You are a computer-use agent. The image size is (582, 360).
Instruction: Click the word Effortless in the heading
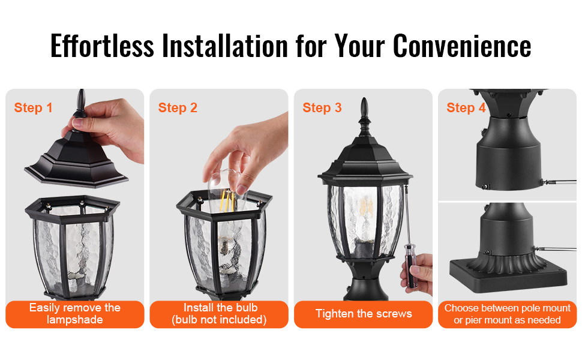[102, 46]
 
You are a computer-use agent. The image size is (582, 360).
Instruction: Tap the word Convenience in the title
[462, 46]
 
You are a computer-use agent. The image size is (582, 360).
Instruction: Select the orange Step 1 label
[33, 107]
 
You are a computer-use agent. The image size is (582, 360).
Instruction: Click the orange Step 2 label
[178, 107]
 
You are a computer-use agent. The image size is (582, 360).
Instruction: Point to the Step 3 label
[322, 107]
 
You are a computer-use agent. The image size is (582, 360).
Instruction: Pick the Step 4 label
[466, 107]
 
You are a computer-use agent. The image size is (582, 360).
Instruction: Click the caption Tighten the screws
[364, 314]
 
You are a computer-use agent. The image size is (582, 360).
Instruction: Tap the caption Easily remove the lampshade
[75, 314]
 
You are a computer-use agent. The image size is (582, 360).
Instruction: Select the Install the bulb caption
[220, 314]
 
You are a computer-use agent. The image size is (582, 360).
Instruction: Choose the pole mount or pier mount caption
[507, 314]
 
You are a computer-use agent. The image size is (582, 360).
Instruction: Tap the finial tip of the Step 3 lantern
[364, 100]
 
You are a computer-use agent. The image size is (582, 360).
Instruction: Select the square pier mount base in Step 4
[508, 274]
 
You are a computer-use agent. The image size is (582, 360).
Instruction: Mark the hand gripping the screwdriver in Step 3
[419, 273]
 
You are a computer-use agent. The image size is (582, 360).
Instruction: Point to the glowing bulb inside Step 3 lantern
[366, 209]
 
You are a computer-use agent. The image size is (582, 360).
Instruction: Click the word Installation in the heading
[225, 46]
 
